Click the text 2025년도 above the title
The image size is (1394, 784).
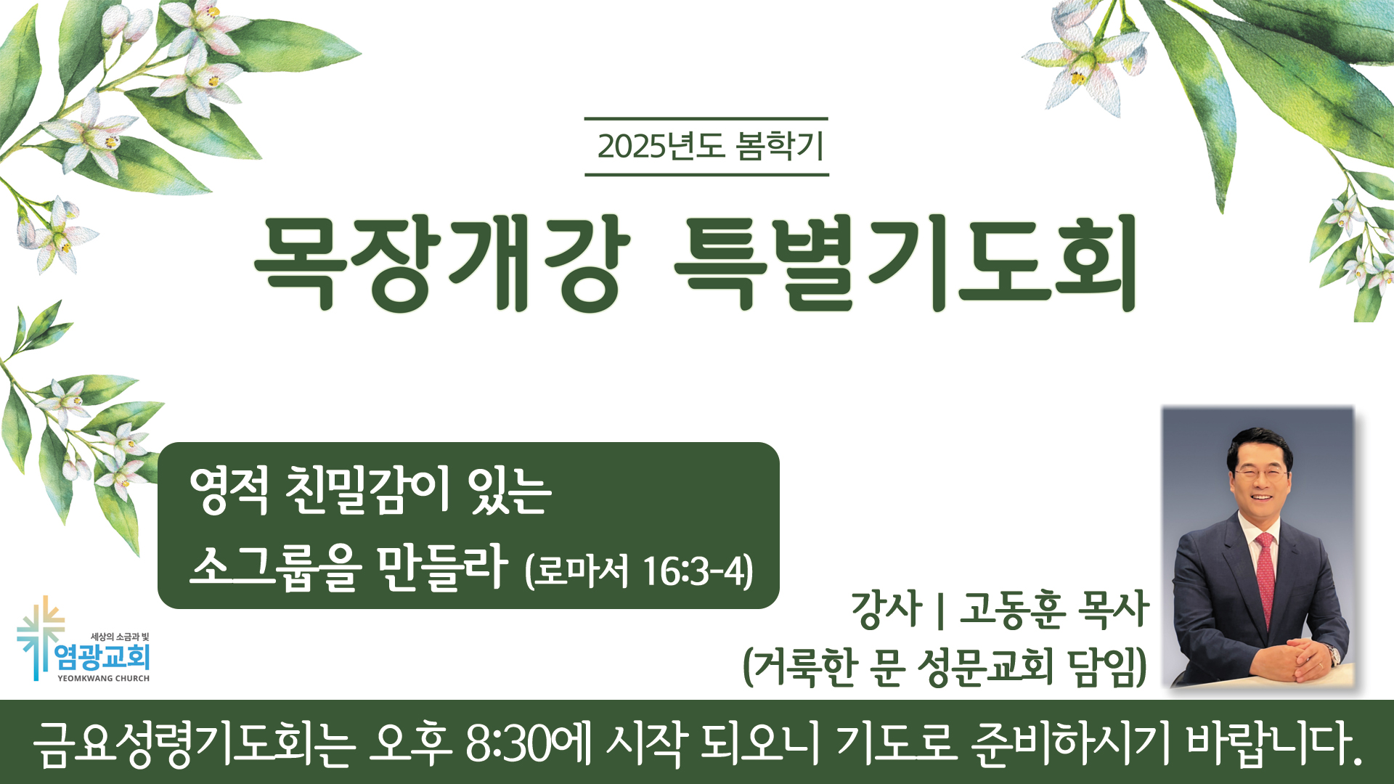coord(661,146)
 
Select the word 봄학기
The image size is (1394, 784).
coord(780,146)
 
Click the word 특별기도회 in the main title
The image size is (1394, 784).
coord(905,263)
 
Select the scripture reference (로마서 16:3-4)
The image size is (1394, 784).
coord(639,571)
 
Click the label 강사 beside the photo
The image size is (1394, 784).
coord(886,610)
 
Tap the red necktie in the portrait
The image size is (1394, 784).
coord(1265,577)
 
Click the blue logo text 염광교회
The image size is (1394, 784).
coord(102,657)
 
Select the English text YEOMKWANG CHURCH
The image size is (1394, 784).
coord(104,679)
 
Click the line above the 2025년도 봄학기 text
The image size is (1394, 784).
coord(706,118)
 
